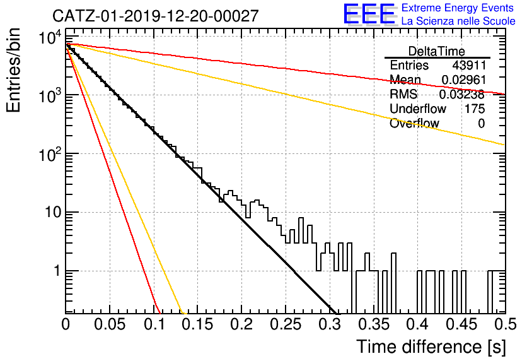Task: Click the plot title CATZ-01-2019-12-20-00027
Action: click(x=156, y=16)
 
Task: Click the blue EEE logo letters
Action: click(x=369, y=14)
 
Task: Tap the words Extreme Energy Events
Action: click(x=458, y=8)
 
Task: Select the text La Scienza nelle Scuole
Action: click(x=458, y=21)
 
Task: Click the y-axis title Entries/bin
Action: click(x=13, y=71)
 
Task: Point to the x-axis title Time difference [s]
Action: click(x=431, y=346)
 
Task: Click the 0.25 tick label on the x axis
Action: click(x=286, y=324)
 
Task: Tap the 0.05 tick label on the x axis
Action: click(x=110, y=324)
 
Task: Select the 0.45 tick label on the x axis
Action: click(x=461, y=324)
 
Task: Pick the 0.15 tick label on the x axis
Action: click(x=198, y=324)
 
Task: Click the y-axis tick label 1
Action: click(x=57, y=271)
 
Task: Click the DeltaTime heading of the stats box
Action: click(x=437, y=51)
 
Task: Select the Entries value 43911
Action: click(x=469, y=65)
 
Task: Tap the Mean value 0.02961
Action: click(x=463, y=80)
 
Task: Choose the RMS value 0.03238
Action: click(x=462, y=94)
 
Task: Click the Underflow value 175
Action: click(x=475, y=109)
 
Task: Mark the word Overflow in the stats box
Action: click(x=414, y=124)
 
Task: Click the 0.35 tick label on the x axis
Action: click(x=373, y=324)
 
